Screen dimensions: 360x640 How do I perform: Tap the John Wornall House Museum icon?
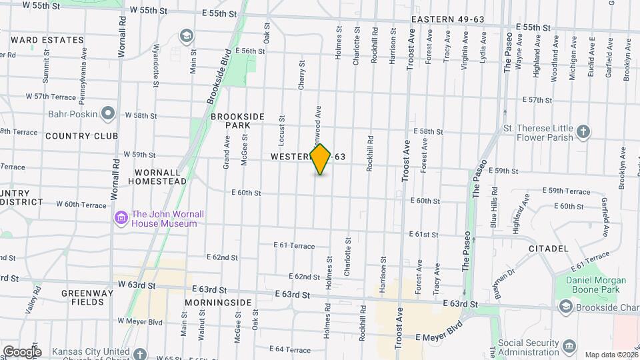click(x=121, y=218)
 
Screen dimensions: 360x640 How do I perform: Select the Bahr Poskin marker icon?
click(x=107, y=114)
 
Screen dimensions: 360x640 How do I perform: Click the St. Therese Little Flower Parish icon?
click(x=583, y=132)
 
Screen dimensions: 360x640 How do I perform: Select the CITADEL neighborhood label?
click(x=549, y=249)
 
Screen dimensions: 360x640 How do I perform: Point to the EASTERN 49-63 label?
click(x=447, y=19)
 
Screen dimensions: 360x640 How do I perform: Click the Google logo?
click(x=21, y=352)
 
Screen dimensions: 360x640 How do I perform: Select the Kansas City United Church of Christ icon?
click(x=139, y=353)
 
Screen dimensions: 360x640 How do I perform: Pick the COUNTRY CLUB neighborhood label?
click(x=81, y=136)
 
